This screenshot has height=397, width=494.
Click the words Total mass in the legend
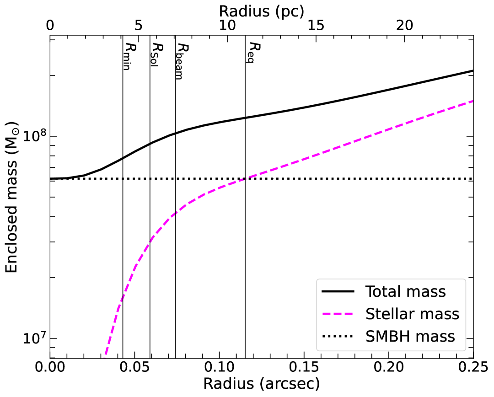(405, 291)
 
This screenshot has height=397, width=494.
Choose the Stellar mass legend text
(412, 314)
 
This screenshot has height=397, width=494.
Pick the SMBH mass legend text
(410, 336)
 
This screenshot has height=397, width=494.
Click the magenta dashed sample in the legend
(338, 314)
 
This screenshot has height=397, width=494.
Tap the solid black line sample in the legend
(338, 291)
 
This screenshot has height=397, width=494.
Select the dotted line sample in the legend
(338, 336)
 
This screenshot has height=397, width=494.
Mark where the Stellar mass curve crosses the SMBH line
(245, 178)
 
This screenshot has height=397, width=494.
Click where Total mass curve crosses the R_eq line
(245, 118)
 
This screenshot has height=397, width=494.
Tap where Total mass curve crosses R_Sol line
(150, 143)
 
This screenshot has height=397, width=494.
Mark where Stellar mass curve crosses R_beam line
(175, 212)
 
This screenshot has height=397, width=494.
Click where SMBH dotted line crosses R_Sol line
(150, 178)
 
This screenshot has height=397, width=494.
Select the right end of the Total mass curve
(472, 70)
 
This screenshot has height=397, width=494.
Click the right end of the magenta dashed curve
(472, 101)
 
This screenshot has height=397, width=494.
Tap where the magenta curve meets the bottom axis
(104, 357)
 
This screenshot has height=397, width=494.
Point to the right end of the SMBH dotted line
(472, 178)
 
